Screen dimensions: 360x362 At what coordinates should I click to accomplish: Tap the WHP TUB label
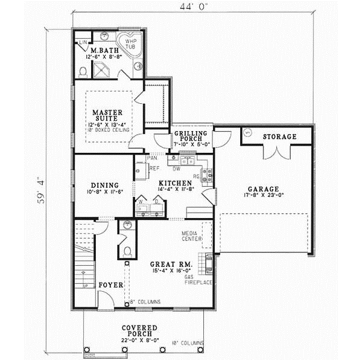(131, 43)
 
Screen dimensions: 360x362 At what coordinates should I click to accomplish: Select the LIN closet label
(83, 42)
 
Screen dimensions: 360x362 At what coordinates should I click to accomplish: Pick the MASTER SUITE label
(108, 115)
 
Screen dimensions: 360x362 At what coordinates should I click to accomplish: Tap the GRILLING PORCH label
(191, 137)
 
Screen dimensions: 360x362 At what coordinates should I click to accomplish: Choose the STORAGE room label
(279, 137)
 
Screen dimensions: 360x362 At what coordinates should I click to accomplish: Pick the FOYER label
(111, 284)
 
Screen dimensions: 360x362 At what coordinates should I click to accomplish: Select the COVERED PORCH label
(139, 330)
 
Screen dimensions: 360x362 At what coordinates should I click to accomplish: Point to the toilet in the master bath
(84, 71)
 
